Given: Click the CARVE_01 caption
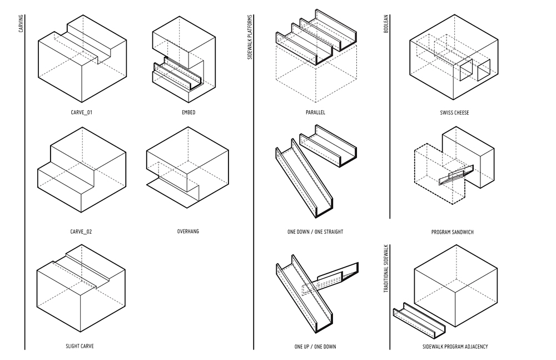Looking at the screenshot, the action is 82,112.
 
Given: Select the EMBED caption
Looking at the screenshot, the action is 188,112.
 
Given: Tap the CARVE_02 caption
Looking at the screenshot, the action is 81,232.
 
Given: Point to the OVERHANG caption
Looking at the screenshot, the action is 188,231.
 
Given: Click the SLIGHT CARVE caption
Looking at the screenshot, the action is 80,346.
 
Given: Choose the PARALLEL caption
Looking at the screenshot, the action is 316,112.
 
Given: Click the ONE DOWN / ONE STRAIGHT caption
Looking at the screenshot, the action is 315,232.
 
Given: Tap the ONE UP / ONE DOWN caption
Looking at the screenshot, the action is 315,347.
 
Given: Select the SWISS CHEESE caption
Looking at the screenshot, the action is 455,112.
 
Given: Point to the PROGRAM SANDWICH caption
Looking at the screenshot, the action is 453,232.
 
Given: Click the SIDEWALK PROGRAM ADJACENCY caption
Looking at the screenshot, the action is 455,347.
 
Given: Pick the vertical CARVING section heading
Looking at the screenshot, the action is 21,23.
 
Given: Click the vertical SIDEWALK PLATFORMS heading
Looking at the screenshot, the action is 250,37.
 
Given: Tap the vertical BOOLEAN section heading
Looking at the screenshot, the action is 386,24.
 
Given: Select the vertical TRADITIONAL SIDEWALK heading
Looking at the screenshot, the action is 386,268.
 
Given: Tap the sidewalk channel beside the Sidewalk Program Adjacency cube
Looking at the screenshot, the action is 419,320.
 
